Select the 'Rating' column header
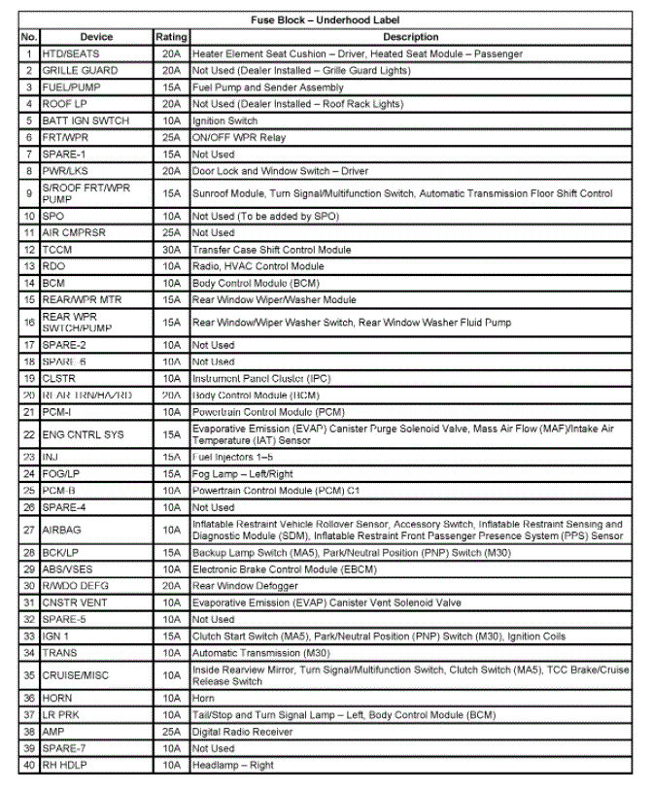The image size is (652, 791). pos(171,37)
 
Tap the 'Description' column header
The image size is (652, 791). pos(410,37)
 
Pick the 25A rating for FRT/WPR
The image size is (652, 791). pos(172,138)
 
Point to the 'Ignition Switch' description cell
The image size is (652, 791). pos(224,120)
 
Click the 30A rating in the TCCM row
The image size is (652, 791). pos(172,250)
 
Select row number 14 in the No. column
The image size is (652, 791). pos(29,283)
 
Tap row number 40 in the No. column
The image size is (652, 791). pos(29,765)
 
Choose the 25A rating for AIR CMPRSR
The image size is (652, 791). pos(172,233)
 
